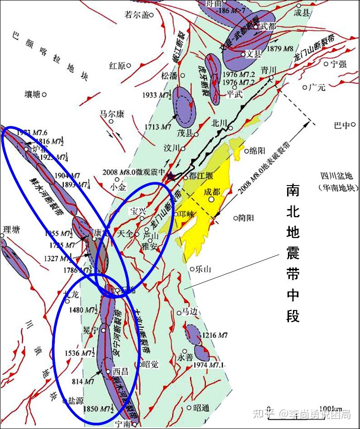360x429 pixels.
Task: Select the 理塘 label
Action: [11, 230]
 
